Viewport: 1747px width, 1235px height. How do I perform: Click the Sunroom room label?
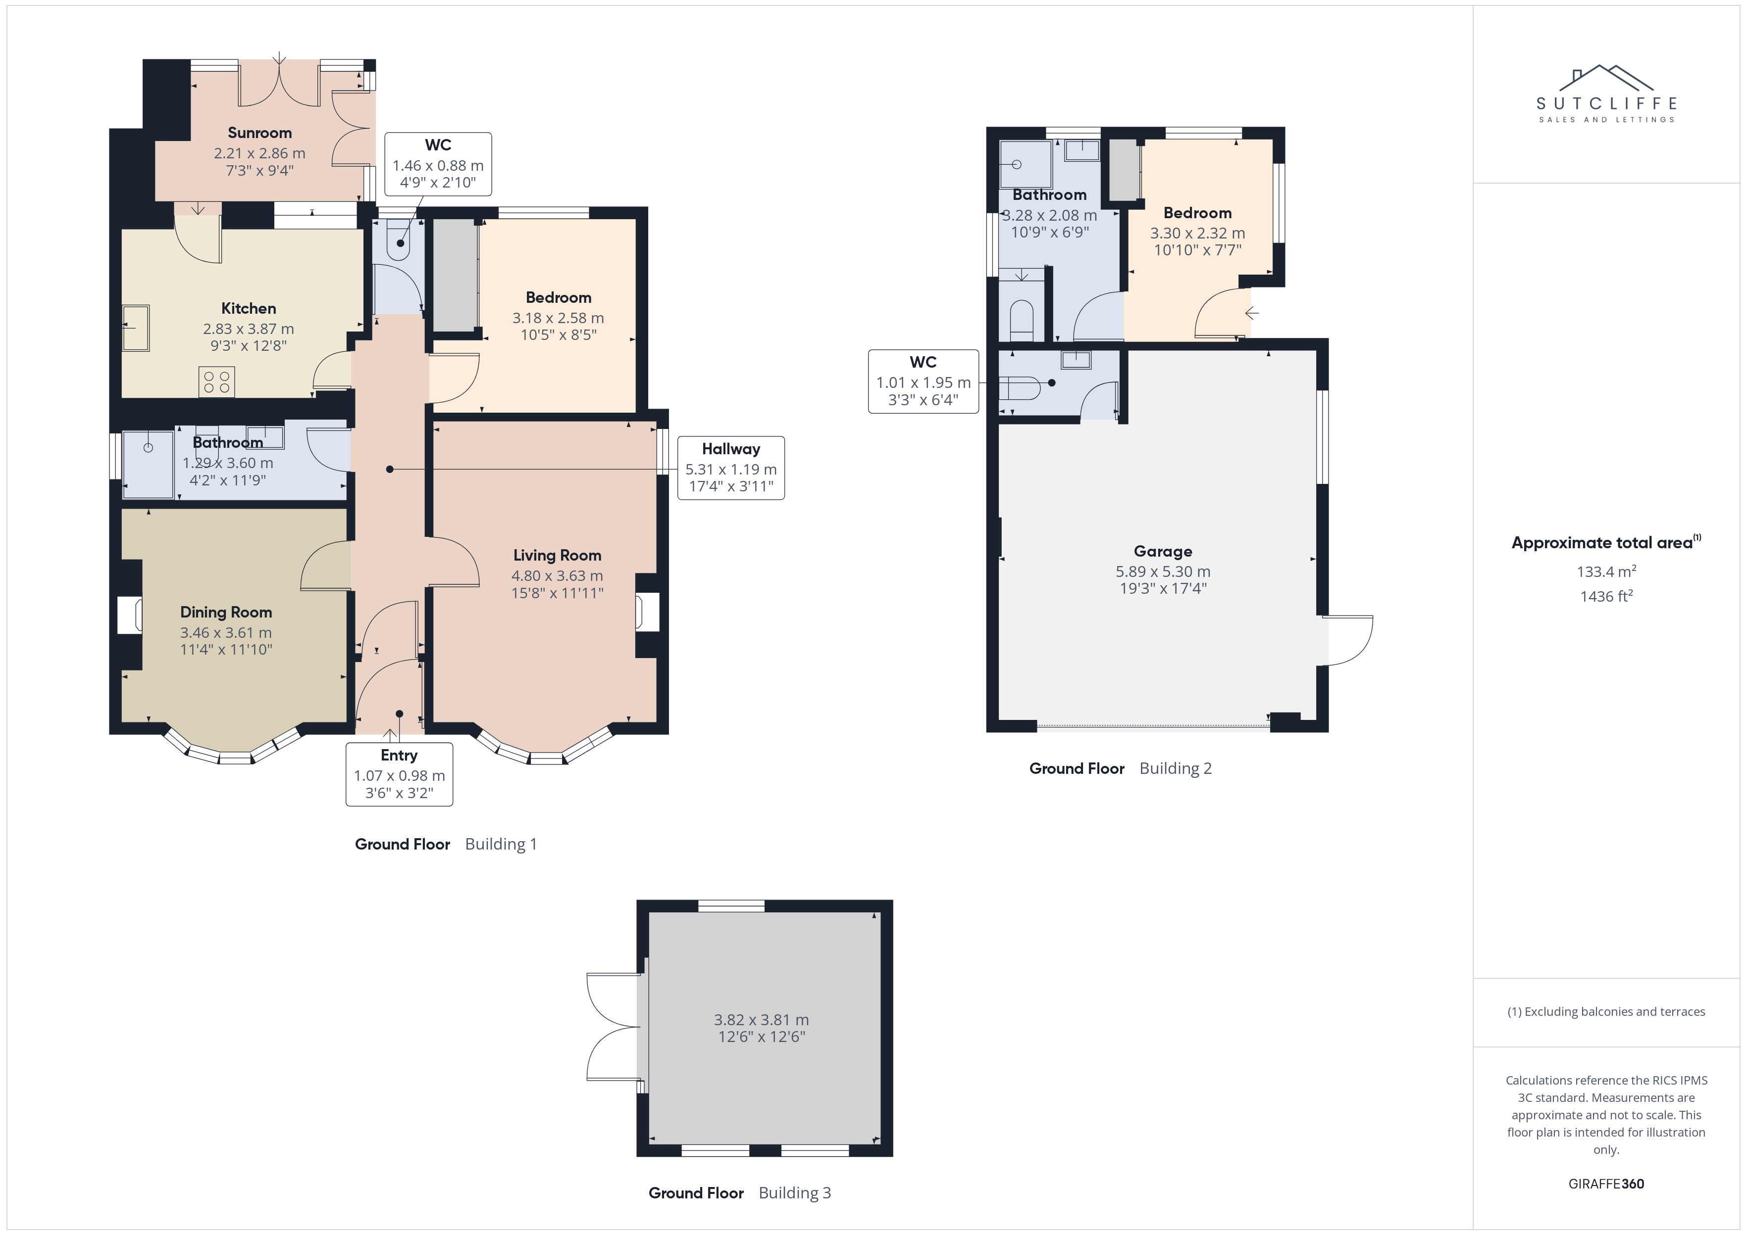[259, 133]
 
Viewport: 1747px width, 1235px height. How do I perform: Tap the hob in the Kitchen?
[217, 382]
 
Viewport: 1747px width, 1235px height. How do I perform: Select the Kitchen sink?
[136, 328]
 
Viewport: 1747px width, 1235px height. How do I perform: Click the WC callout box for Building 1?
[438, 163]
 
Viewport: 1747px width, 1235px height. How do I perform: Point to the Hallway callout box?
[731, 468]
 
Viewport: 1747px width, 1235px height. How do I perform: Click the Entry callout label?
[400, 774]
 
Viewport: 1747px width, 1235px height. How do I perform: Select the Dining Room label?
[226, 612]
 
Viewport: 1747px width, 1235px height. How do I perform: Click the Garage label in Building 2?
[1163, 551]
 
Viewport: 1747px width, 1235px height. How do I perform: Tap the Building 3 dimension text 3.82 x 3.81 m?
[761, 1020]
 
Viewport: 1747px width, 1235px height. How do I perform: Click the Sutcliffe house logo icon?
[1606, 78]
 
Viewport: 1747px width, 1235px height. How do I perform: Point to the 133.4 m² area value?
[1606, 571]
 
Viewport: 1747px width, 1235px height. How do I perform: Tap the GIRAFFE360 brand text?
[1606, 1184]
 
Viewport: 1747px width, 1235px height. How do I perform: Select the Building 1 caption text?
[501, 844]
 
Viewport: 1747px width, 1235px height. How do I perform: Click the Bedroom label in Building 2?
[1198, 213]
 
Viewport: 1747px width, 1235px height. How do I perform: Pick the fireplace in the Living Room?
[648, 612]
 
